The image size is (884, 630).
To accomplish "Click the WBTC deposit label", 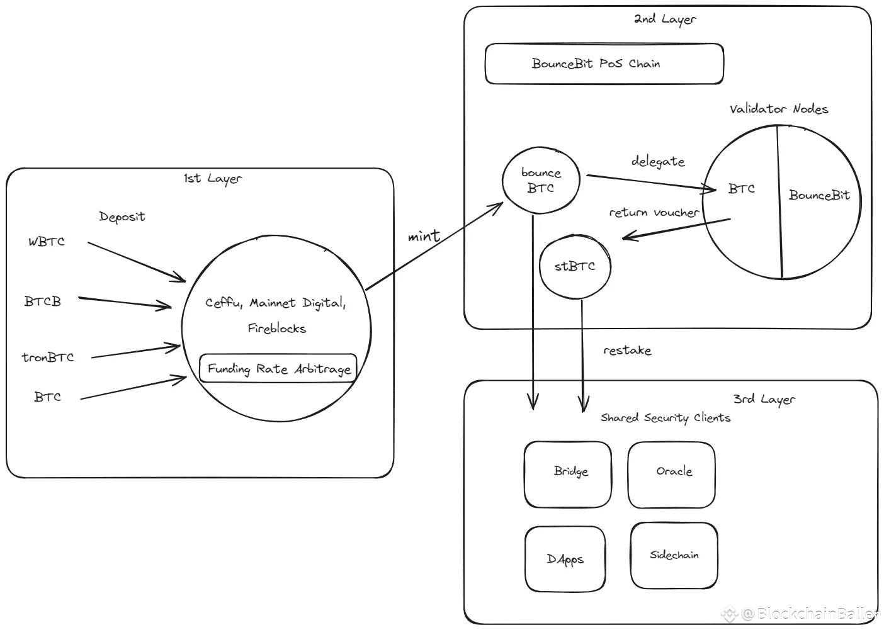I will (46, 242).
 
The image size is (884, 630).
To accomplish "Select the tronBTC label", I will (48, 357).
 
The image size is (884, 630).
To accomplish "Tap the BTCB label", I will (43, 301).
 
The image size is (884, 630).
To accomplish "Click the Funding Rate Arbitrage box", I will (278, 368).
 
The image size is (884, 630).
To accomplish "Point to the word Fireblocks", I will (276, 329).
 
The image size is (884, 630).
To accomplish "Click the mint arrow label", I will (424, 236).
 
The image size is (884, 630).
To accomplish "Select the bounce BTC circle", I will (540, 181).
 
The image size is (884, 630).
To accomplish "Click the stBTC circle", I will (575, 266).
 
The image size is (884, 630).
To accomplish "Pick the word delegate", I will (658, 161).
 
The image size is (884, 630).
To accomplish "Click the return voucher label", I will (654, 213).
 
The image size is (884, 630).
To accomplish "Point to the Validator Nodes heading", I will (779, 109).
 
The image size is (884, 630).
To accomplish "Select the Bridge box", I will (568, 474).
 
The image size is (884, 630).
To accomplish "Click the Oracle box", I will (672, 474).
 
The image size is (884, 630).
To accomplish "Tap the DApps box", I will (565, 559).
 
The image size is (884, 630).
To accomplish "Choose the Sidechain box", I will (674, 555).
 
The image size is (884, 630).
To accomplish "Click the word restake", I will (627, 351).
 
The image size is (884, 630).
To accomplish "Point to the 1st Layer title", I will (212, 179).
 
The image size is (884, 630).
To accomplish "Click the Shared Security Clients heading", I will (666, 418).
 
